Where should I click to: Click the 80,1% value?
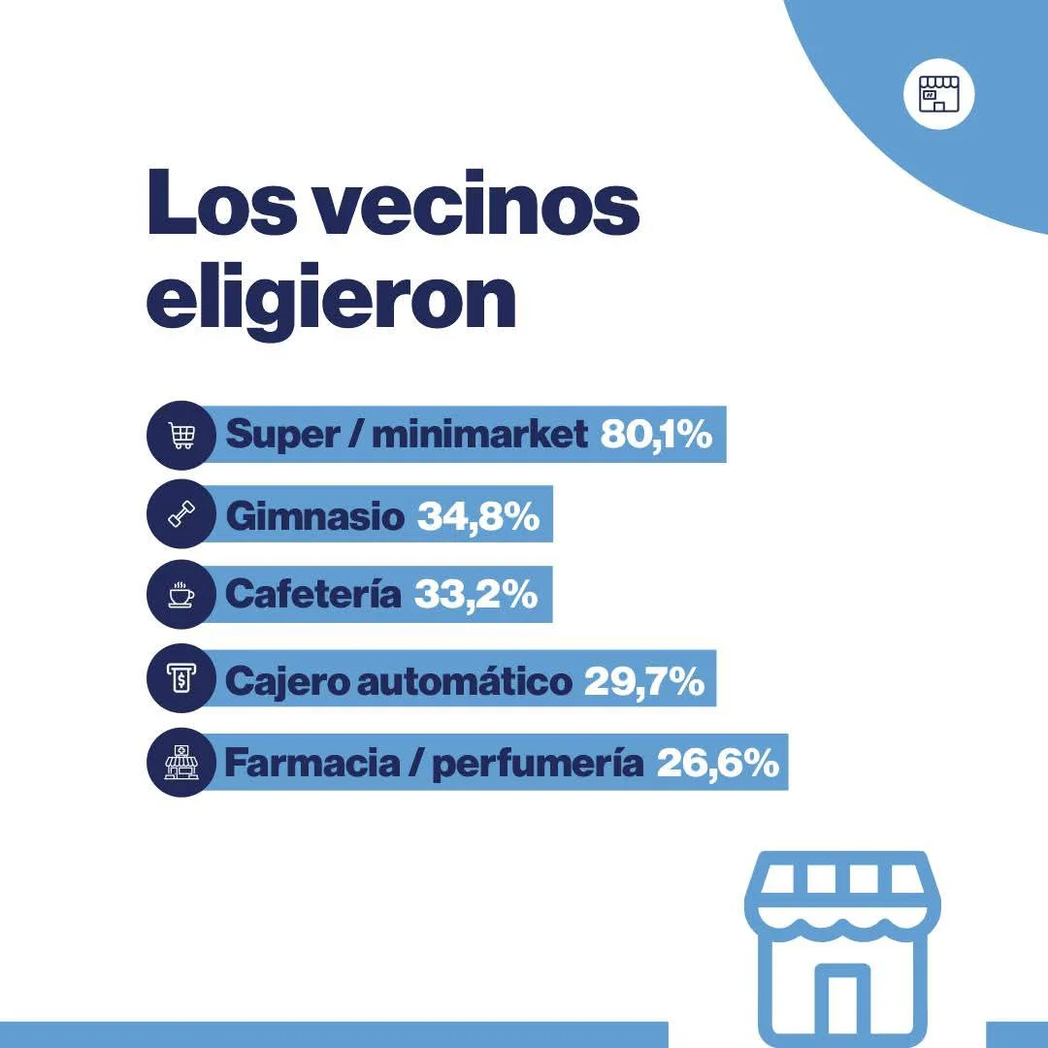pyautogui.click(x=656, y=435)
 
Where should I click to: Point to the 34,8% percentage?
pyautogui.click(x=478, y=515)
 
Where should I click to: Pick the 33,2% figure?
pyautogui.click(x=475, y=594)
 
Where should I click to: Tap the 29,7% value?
pyautogui.click(x=643, y=681)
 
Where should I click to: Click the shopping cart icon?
pyautogui.click(x=181, y=436)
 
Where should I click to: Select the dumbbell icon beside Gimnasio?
pyautogui.click(x=181, y=515)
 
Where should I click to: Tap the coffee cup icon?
pyautogui.click(x=181, y=594)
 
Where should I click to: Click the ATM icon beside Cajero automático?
pyautogui.click(x=181, y=679)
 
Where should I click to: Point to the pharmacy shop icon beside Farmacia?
pyautogui.click(x=181, y=763)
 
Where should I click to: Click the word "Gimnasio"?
pyautogui.click(x=314, y=515)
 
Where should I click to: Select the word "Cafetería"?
pyautogui.click(x=312, y=594)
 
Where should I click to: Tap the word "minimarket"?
pyautogui.click(x=479, y=435)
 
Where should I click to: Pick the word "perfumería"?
pyautogui.click(x=538, y=763)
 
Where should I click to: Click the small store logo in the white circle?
pyautogui.click(x=938, y=95)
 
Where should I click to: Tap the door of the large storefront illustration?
pyautogui.click(x=840, y=1004)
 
